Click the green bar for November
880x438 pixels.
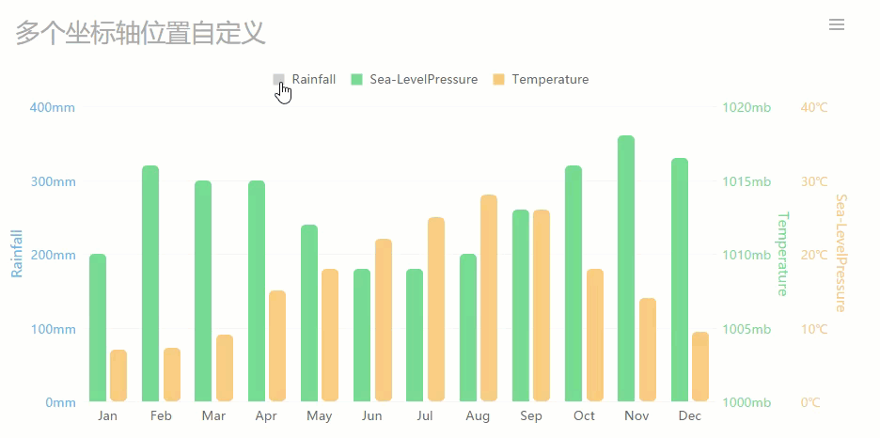[x=626, y=269]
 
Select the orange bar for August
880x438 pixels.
[x=488, y=298]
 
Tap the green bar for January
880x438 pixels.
[x=98, y=328]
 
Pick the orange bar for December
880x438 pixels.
[x=699, y=367]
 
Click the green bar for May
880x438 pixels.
[x=309, y=313]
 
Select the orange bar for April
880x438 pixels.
[x=276, y=346]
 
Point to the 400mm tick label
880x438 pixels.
[x=53, y=108]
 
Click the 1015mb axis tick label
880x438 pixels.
[x=746, y=181]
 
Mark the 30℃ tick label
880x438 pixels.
[x=814, y=181]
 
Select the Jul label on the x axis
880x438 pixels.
[x=425, y=416]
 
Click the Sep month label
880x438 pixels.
[x=531, y=416]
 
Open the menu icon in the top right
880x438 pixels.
[x=837, y=24]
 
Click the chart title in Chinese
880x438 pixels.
[x=141, y=34]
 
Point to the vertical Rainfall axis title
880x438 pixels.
[x=17, y=254]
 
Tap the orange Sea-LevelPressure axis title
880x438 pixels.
[x=841, y=254]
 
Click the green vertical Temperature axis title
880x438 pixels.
[x=782, y=254]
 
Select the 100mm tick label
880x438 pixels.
[x=53, y=329]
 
